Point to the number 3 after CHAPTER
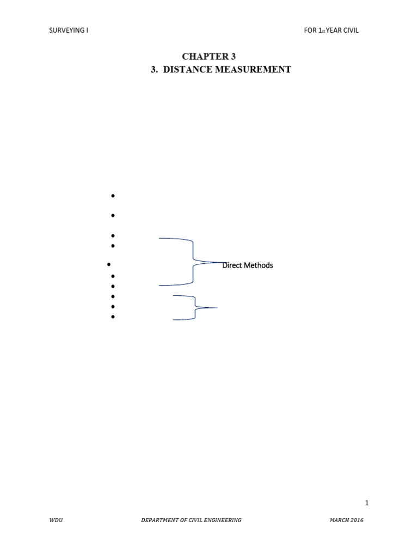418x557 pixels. tap(233, 57)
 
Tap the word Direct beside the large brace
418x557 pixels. tap(232, 265)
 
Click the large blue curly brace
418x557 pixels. tap(193, 262)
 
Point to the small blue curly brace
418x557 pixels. tap(194, 308)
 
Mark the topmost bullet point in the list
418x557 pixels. tap(113, 196)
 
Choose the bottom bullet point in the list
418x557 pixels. tap(113, 316)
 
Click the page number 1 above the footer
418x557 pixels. tap(367, 503)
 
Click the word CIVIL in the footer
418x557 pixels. tap(190, 521)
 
